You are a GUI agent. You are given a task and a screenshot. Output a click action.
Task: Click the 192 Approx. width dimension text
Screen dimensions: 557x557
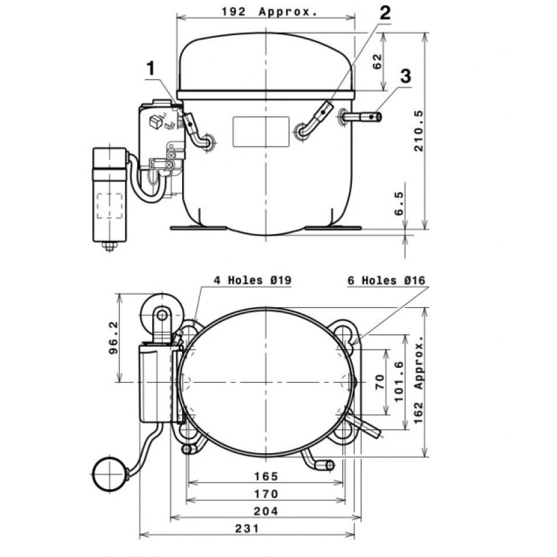[x=269, y=12]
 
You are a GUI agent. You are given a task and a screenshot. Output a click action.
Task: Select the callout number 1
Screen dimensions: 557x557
[x=151, y=68]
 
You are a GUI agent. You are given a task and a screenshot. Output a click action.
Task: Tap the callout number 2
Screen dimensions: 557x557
[x=385, y=13]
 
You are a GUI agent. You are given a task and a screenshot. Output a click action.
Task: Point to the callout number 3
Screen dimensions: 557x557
[x=406, y=76]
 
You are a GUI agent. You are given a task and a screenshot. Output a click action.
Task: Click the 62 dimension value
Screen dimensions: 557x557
[x=377, y=61]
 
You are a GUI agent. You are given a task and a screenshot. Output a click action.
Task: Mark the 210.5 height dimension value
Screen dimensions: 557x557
[x=419, y=131]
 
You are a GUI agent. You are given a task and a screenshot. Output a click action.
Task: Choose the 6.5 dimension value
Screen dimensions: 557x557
[x=399, y=203]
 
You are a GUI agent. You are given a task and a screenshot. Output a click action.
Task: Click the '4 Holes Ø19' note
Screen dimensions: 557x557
[x=252, y=280]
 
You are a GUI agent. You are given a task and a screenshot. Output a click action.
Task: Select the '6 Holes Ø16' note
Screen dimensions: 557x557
[x=386, y=280]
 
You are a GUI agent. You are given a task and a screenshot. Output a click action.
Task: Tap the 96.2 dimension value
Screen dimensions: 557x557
[x=113, y=338]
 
